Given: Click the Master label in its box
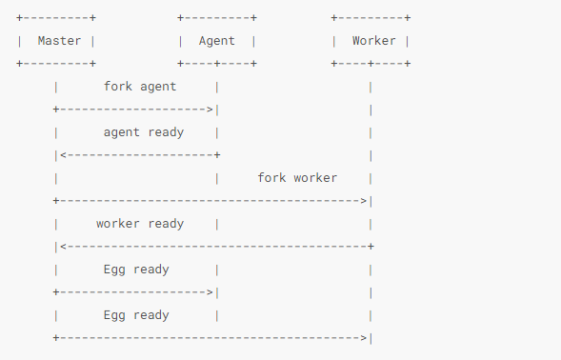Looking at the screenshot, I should coord(58,41).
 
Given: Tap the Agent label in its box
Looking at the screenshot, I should coord(216,41).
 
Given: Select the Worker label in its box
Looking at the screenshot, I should coord(373,41).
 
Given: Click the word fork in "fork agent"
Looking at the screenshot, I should coord(118,87).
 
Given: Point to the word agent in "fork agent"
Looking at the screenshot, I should coord(157,87).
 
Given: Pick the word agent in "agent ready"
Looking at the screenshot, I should coord(122,132).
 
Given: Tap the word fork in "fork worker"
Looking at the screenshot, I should coord(272,178).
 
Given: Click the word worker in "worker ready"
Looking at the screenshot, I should coord(119,224).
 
